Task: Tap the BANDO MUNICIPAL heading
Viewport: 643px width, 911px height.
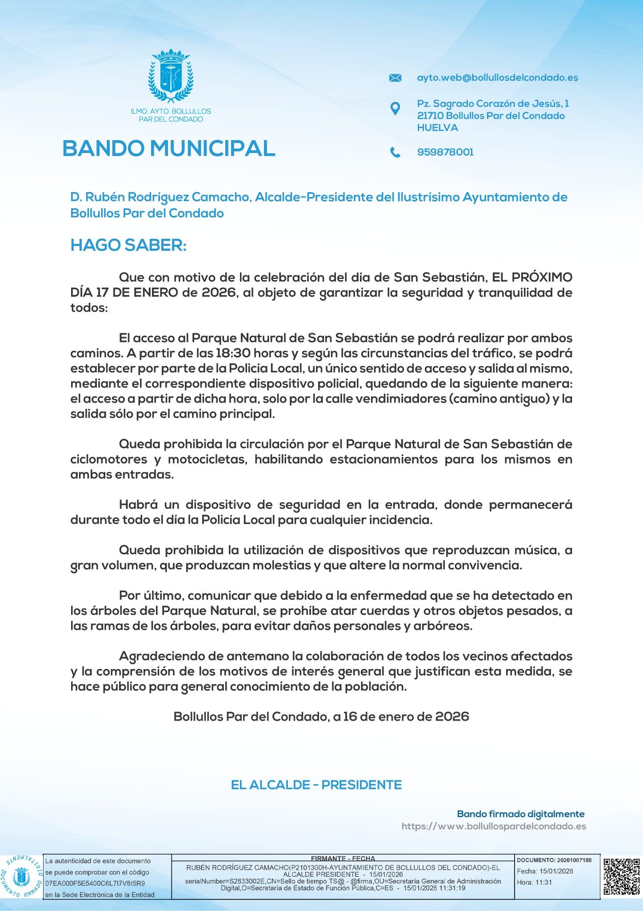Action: (x=169, y=149)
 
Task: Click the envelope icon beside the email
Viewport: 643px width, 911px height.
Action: (x=395, y=78)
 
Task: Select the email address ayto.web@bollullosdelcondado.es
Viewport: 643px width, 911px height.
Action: (x=497, y=78)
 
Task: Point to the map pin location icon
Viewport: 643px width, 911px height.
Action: (x=395, y=108)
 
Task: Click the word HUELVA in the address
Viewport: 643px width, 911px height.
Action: (x=437, y=128)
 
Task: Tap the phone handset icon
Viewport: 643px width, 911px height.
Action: (x=395, y=153)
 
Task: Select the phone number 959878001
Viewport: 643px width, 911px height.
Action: (x=445, y=152)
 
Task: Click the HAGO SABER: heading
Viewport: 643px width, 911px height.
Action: (x=128, y=245)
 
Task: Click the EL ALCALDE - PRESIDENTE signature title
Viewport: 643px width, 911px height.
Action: (x=316, y=785)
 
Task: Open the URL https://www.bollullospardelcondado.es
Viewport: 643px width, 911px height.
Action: (x=494, y=826)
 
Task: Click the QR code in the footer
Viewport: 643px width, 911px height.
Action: (x=622, y=877)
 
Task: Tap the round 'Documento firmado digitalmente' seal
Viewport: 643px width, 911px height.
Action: (x=21, y=877)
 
